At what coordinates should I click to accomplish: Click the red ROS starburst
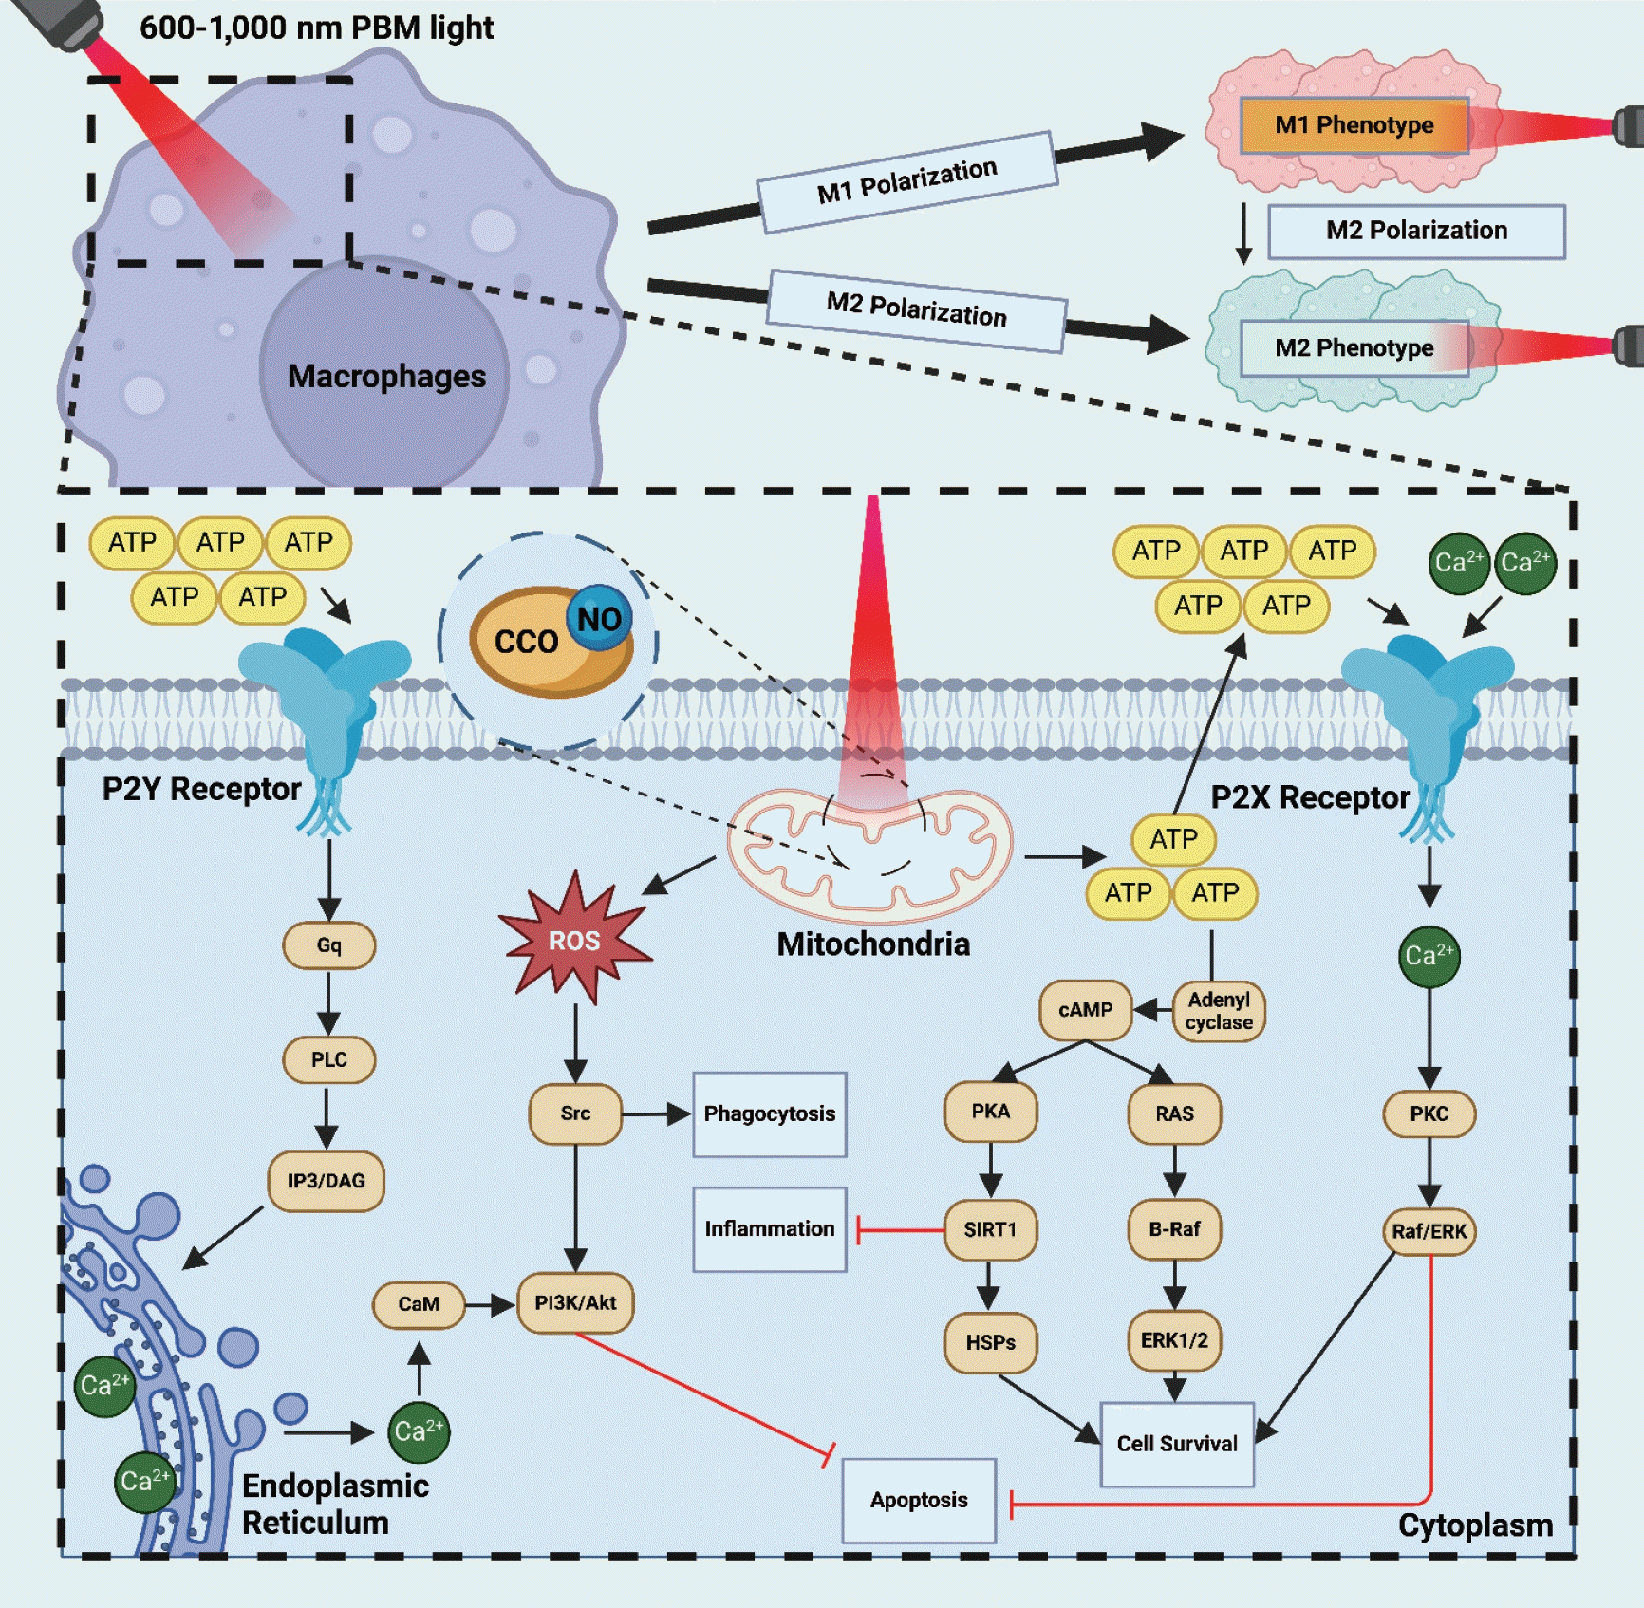(574, 941)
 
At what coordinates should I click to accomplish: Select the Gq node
(328, 945)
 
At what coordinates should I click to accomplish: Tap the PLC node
(328, 1059)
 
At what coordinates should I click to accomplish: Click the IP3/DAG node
(326, 1181)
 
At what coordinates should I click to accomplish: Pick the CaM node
(419, 1304)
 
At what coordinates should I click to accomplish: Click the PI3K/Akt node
(575, 1303)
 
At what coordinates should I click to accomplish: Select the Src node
(575, 1113)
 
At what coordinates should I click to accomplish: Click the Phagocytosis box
(769, 1114)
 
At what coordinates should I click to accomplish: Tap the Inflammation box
(769, 1229)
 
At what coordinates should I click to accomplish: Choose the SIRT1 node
(990, 1230)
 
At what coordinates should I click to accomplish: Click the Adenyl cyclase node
(1219, 1011)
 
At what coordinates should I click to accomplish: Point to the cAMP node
(1085, 1010)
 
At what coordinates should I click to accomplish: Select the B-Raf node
(1174, 1230)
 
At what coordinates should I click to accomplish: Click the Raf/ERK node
(1429, 1231)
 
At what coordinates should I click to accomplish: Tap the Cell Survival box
(1177, 1444)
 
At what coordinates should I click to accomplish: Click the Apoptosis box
(919, 1500)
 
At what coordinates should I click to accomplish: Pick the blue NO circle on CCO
(599, 619)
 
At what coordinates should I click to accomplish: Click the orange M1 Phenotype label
(1354, 125)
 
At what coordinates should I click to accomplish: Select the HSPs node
(990, 1342)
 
